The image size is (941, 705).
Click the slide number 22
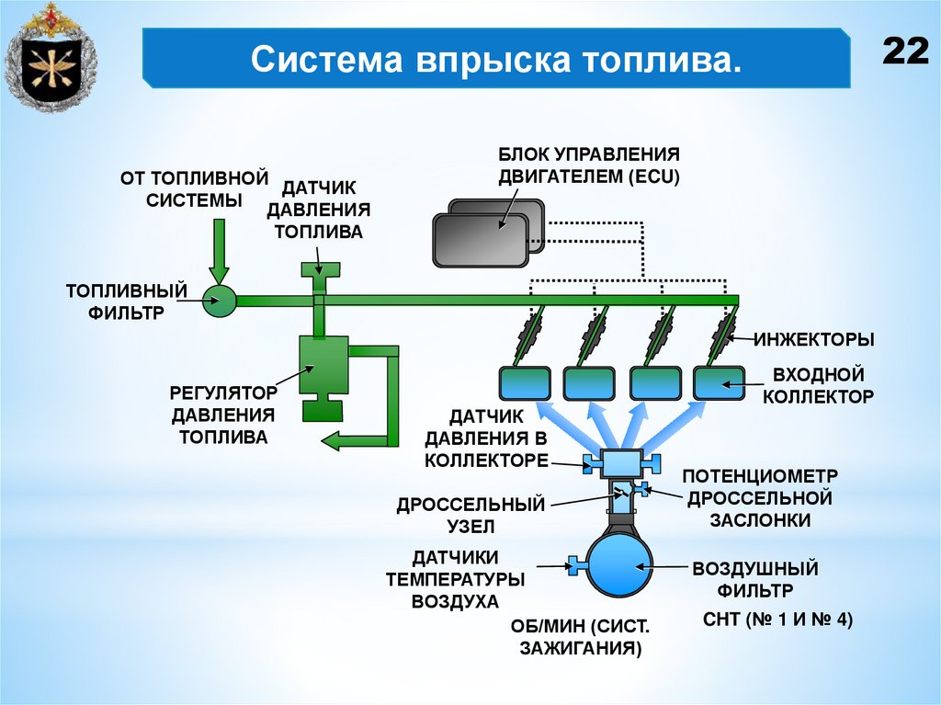(906, 51)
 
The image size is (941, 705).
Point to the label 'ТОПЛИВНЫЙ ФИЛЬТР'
(127, 301)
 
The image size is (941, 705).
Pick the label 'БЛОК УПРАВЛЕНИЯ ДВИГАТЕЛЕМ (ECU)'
(588, 165)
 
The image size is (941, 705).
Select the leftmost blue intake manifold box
(525, 381)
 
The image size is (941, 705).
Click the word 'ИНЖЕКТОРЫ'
(814, 339)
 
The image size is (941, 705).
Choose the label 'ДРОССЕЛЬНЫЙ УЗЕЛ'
(470, 516)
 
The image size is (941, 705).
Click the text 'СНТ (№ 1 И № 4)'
(777, 620)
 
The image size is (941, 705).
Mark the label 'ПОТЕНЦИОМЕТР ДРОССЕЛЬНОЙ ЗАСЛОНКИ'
(759, 497)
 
